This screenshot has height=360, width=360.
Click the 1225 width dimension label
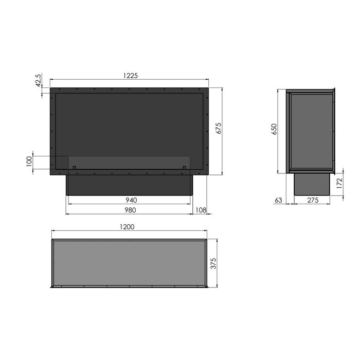click(x=131, y=76)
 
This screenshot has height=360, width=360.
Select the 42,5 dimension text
click(x=39, y=80)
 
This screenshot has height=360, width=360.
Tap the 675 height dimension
click(x=219, y=128)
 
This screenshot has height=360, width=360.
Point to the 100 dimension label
click(x=29, y=161)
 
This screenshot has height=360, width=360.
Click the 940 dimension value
click(x=131, y=200)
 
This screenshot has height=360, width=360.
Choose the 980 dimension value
click(x=130, y=210)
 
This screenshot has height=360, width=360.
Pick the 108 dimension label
click(x=201, y=210)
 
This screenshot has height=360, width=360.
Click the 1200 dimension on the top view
click(x=127, y=227)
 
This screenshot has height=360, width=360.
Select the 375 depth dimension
click(x=213, y=263)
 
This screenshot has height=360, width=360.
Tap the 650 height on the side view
click(x=274, y=129)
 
